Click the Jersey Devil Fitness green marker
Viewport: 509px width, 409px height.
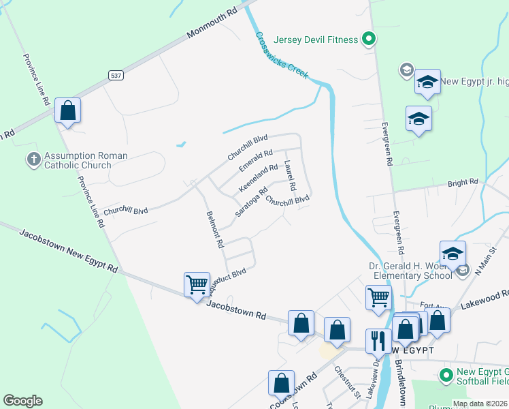[368, 39]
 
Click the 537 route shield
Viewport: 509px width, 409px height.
[115, 76]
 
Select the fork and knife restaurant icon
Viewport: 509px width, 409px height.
[378, 339]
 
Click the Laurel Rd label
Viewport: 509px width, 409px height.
[291, 176]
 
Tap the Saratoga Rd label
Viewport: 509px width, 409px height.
[251, 201]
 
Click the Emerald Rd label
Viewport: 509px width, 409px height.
[256, 161]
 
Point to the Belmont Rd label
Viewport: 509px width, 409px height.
[215, 229]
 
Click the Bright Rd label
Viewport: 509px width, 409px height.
[463, 183]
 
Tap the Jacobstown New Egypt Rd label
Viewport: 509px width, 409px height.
[68, 251]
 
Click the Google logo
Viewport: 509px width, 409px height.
[22, 401]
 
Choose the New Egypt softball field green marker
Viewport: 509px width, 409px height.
[446, 374]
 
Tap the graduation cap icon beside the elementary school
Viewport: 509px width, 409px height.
[453, 254]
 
